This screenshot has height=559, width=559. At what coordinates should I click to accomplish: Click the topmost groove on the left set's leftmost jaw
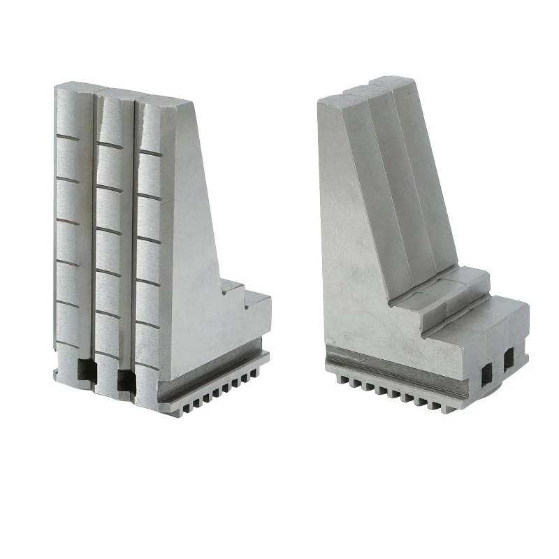click(x=73, y=138)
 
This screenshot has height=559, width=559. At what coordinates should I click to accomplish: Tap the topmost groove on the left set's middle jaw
click(x=110, y=145)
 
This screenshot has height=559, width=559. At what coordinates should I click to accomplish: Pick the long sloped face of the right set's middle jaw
click(x=402, y=182)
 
